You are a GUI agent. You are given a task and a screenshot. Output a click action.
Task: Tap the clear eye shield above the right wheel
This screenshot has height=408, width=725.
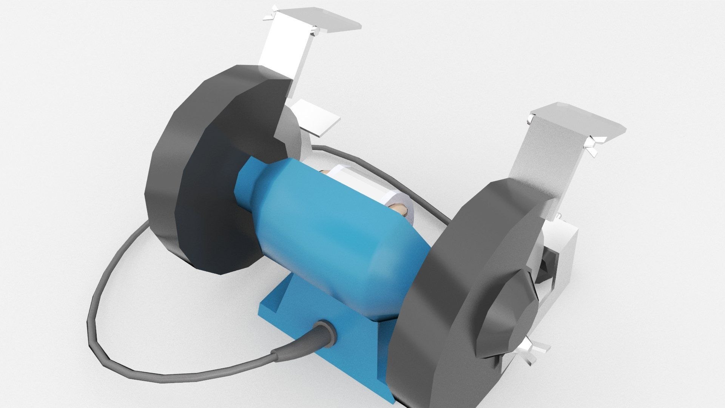[578, 123]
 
